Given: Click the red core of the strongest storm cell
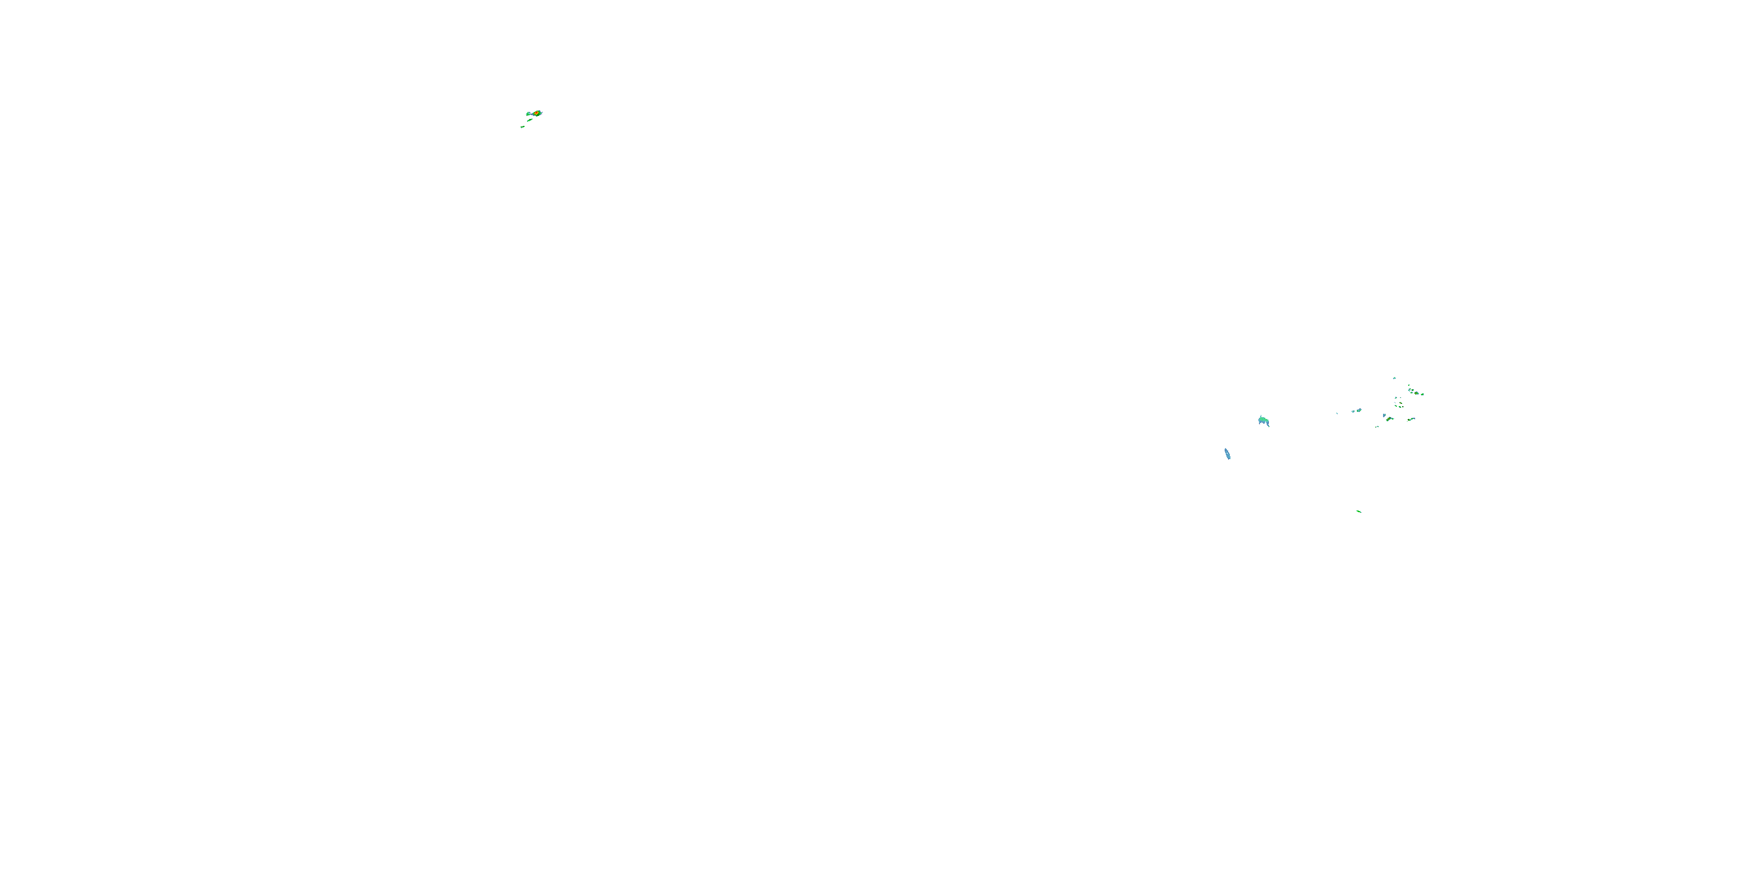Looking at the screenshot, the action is click(536, 112).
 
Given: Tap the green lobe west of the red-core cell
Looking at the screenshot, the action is click(528, 114).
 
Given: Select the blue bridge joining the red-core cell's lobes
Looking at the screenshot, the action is click(532, 114).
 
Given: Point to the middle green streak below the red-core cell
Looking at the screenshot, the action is click(530, 120).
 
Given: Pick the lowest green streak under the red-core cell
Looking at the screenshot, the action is click(523, 127).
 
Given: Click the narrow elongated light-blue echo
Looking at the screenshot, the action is click(1228, 454).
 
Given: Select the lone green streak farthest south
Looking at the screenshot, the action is click(1359, 511).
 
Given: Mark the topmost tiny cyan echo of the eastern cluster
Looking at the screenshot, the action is click(1394, 379).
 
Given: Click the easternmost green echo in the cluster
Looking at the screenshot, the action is click(1422, 395).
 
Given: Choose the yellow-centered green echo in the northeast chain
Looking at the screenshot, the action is click(1416, 393).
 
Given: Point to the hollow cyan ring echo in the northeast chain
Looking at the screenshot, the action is click(1409, 390).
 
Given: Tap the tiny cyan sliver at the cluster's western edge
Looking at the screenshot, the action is click(1338, 414).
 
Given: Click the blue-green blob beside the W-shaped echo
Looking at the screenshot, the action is click(1360, 411).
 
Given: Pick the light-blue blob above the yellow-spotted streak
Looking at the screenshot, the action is click(1384, 416).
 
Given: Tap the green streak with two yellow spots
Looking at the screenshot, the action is click(1388, 420).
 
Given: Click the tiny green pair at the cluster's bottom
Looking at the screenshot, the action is click(1377, 427).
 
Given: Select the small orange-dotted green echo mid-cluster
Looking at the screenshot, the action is click(1401, 403).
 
